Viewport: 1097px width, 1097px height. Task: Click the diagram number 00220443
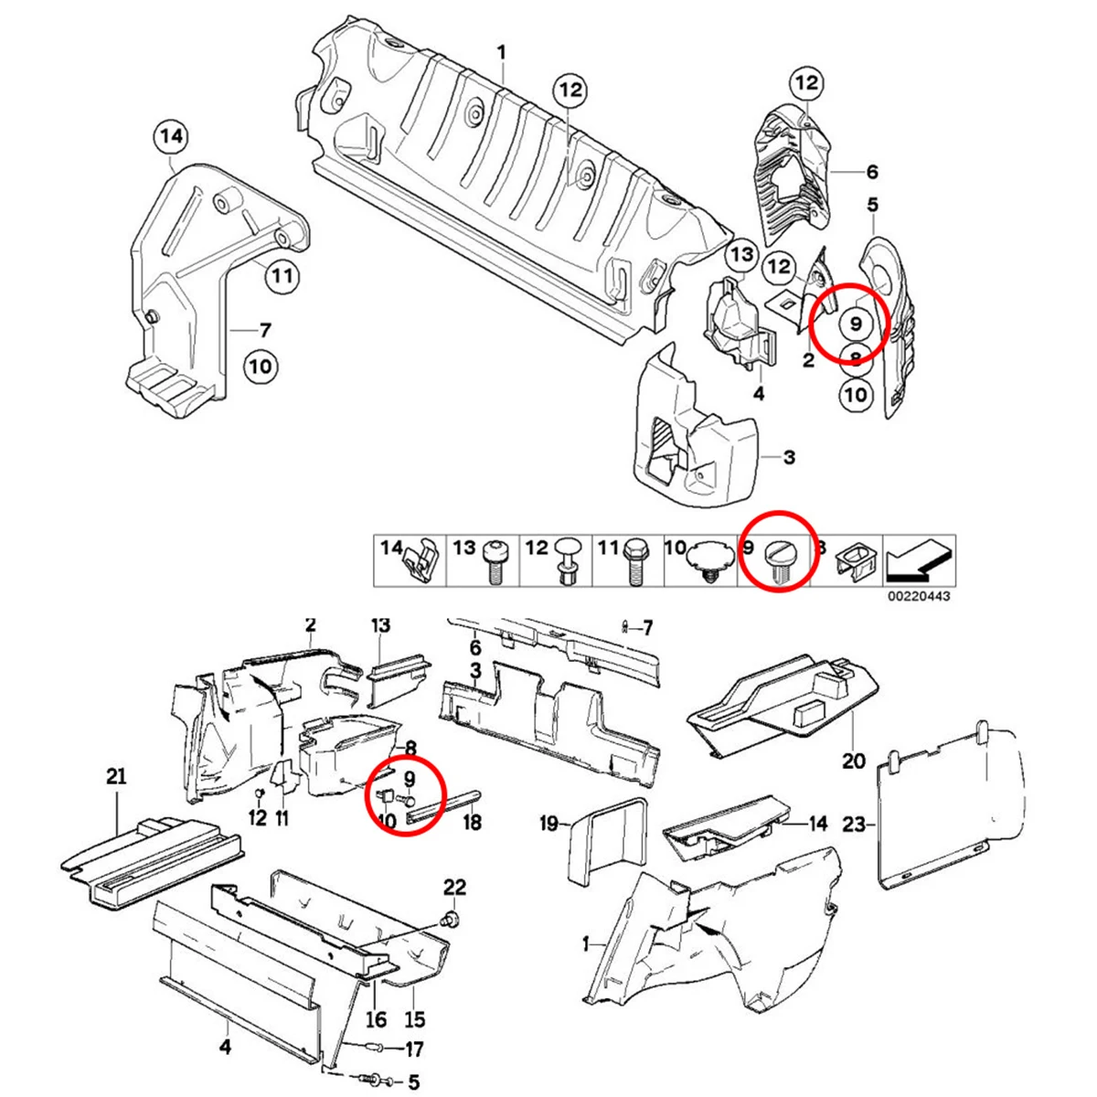pyautogui.click(x=919, y=596)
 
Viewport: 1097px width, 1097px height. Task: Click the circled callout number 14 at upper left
pyautogui.click(x=172, y=138)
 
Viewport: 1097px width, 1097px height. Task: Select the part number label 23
pyautogui.click(x=852, y=825)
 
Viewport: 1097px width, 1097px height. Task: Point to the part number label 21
pyautogui.click(x=116, y=777)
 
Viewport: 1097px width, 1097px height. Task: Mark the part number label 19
pyautogui.click(x=548, y=824)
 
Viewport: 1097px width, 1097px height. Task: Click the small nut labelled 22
pyautogui.click(x=451, y=919)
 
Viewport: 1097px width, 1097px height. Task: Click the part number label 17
pyautogui.click(x=414, y=1049)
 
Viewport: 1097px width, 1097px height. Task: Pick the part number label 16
pyautogui.click(x=377, y=1019)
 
